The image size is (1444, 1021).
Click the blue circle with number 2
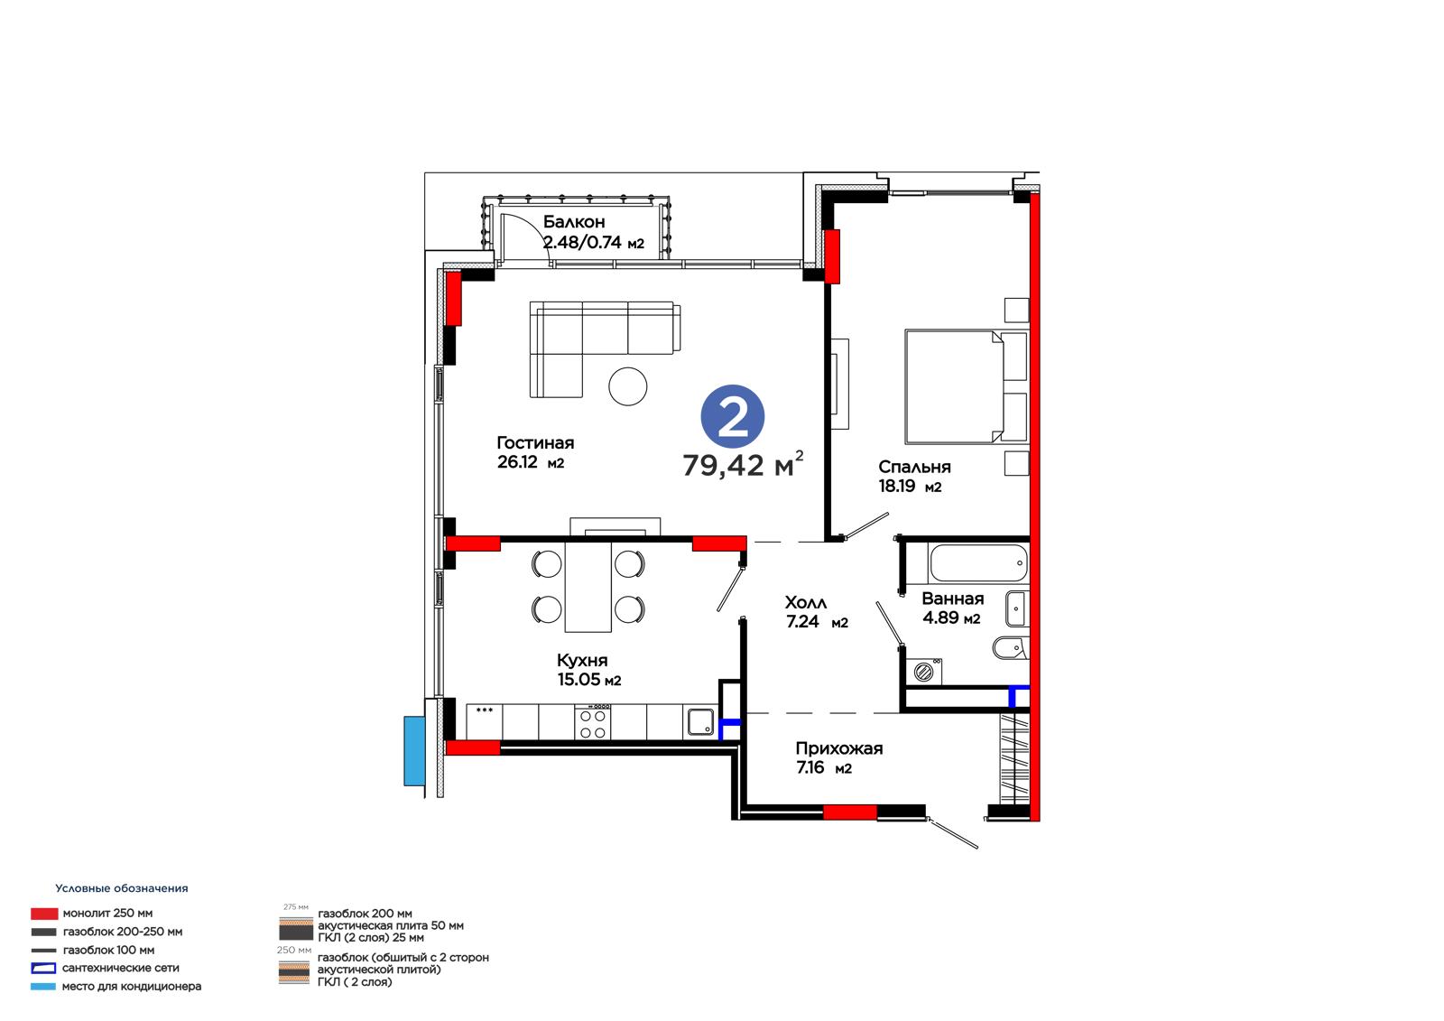click(732, 417)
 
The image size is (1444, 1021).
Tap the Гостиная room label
click(535, 443)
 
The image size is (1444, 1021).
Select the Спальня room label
click(914, 467)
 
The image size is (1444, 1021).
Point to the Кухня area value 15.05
click(579, 679)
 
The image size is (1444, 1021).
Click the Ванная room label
click(953, 599)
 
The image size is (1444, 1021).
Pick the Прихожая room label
click(838, 748)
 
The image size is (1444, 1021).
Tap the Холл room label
click(806, 602)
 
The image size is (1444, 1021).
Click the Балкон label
click(574, 222)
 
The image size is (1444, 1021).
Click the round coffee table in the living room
click(627, 386)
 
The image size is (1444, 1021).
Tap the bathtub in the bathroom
click(978, 563)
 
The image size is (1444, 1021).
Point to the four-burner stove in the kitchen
click(593, 722)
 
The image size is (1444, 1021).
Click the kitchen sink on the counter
click(700, 722)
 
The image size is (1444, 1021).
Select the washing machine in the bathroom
click(924, 672)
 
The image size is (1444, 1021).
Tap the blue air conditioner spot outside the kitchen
click(414, 751)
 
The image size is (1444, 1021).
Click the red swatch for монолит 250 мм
click(44, 914)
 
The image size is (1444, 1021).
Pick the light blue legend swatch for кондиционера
click(43, 987)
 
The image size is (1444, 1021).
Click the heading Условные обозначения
click(122, 888)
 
